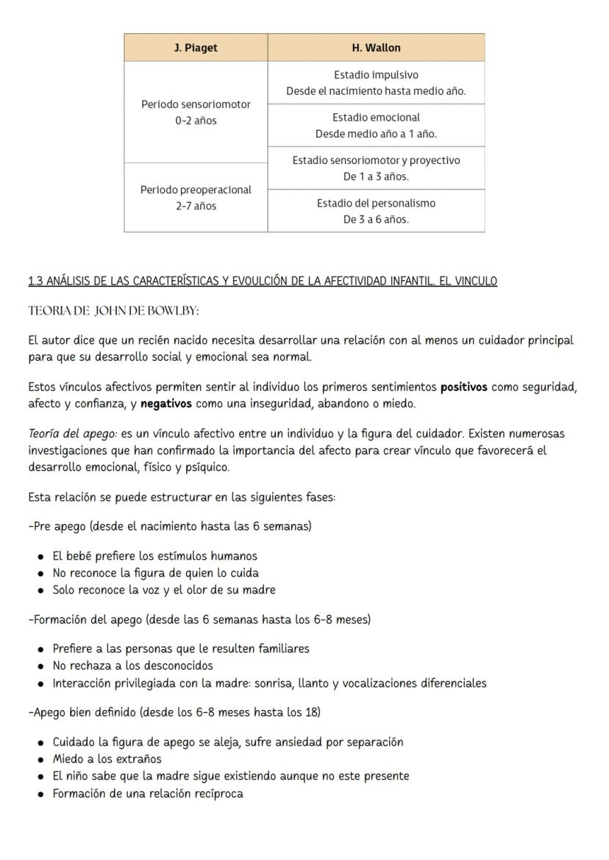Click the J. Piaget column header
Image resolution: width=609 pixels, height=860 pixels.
tap(196, 48)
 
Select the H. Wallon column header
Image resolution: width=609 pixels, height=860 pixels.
tap(376, 48)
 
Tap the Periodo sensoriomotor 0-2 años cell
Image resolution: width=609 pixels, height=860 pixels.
tap(196, 112)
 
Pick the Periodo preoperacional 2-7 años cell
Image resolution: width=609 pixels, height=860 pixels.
tap(196, 198)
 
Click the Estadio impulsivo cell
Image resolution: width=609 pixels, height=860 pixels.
tap(376, 83)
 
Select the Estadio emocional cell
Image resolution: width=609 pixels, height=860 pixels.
tap(376, 126)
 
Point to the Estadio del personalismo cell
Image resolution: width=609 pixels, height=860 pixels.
tap(376, 211)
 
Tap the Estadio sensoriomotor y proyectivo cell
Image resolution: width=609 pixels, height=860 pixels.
tap(376, 168)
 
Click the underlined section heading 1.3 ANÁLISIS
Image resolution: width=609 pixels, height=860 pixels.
tap(263, 282)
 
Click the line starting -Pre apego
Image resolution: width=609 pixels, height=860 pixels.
tap(169, 526)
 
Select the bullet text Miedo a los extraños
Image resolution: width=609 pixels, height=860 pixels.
tap(107, 759)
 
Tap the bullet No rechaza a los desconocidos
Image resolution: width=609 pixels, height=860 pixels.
tap(132, 665)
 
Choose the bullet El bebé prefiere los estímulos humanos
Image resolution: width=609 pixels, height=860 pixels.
tap(154, 556)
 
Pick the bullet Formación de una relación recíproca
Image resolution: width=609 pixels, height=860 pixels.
tap(147, 793)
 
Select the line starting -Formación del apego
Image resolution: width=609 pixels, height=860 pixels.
tap(199, 619)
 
